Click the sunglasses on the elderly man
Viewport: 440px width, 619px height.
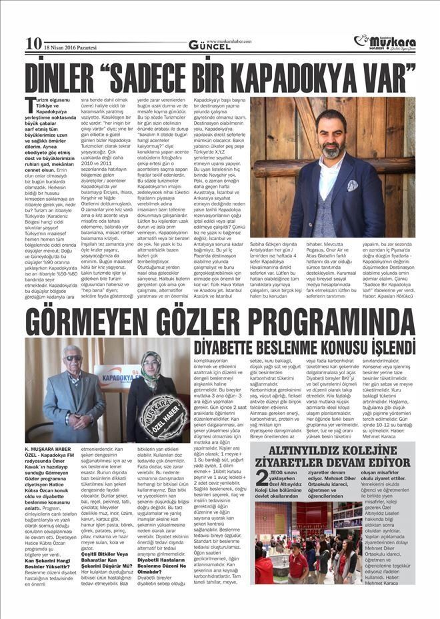click(x=73, y=358)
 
